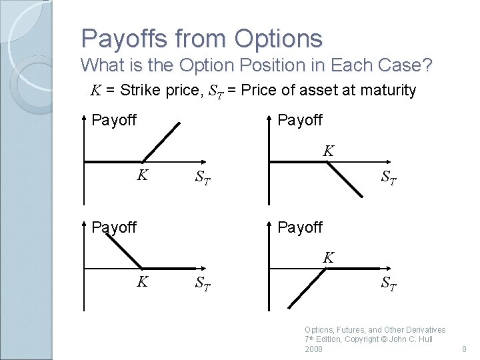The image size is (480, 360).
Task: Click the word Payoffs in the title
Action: [x=119, y=39]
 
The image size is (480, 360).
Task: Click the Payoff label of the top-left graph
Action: [x=114, y=121]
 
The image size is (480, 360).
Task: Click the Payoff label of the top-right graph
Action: [x=300, y=121]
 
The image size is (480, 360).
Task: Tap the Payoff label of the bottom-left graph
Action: [x=114, y=227]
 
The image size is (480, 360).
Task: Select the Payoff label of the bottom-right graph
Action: [x=300, y=227]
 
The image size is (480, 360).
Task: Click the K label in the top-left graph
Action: [x=142, y=175]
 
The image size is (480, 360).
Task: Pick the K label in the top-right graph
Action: [x=328, y=151]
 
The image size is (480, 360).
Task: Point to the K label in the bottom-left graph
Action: [x=142, y=282]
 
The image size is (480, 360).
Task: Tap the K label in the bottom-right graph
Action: [x=328, y=257]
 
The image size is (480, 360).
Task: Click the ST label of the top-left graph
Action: [x=203, y=178]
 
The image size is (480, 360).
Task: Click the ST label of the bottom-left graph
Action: [x=203, y=284]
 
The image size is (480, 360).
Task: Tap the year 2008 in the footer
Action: [x=313, y=349]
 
